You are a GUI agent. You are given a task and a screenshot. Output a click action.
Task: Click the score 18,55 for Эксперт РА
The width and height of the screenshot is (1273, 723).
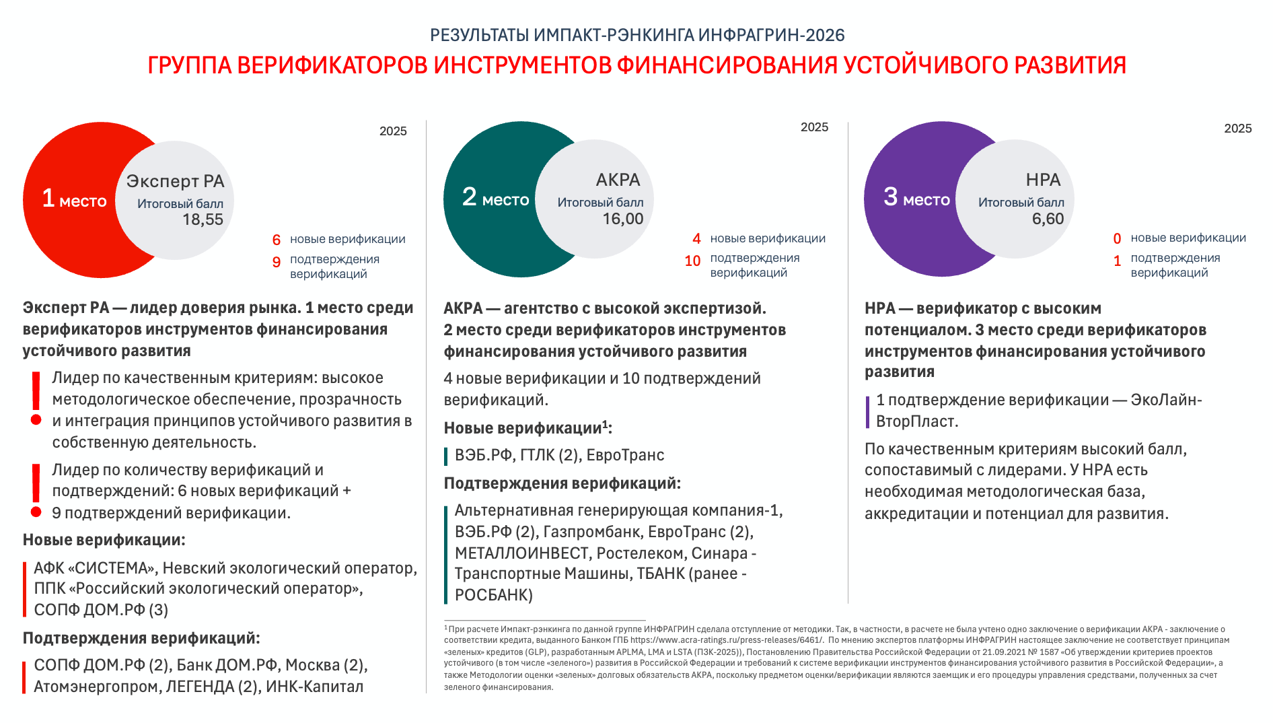point(203,219)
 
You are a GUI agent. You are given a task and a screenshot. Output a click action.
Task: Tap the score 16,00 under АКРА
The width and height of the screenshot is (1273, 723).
point(622,219)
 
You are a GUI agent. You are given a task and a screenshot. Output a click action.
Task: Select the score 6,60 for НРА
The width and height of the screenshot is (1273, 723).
point(1048,219)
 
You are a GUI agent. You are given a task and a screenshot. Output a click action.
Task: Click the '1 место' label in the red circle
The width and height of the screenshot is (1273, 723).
point(74,199)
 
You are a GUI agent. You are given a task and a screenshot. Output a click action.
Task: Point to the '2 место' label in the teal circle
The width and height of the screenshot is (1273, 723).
point(495,198)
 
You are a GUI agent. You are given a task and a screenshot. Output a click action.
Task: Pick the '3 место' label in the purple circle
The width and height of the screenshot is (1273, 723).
point(916,198)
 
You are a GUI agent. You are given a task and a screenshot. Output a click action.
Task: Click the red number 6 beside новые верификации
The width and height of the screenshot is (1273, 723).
point(276,240)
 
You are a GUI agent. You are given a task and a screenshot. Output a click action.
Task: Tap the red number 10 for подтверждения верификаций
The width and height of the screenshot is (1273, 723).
point(692,261)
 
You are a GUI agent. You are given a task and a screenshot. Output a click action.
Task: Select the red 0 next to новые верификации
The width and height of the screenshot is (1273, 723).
point(1117,239)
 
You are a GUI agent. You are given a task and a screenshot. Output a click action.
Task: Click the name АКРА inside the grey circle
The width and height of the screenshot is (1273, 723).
point(618,180)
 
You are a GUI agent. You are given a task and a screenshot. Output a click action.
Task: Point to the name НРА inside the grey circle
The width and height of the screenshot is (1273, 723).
point(1043,180)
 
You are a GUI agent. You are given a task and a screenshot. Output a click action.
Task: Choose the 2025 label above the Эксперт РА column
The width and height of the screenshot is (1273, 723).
point(393,131)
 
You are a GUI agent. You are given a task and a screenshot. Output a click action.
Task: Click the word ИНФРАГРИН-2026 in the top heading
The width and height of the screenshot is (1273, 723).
point(771,35)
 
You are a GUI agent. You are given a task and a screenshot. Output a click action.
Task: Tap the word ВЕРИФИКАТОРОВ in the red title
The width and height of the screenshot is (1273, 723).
point(332,65)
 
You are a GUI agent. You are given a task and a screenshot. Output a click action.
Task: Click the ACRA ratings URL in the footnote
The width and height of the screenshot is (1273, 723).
point(726,640)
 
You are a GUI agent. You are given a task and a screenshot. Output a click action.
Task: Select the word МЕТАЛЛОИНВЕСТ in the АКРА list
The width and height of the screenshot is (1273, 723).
point(522,553)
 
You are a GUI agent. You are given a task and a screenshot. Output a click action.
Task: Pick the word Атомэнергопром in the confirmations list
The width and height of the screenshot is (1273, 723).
point(96,687)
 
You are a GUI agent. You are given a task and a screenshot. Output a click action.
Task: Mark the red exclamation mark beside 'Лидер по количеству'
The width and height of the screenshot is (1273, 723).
point(36,491)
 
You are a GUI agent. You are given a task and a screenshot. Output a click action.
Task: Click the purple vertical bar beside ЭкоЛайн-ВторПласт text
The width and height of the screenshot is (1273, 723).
point(867,411)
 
